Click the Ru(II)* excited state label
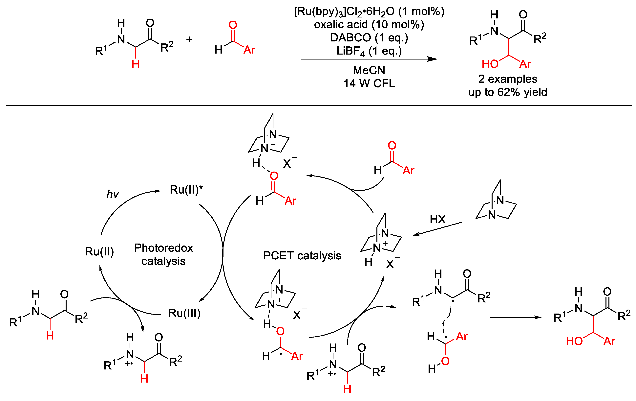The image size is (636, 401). [x=186, y=190]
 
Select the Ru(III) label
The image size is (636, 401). [x=184, y=313]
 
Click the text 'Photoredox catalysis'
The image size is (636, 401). [x=163, y=254]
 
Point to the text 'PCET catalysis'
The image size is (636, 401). [x=302, y=256]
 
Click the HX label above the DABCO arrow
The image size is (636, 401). [x=438, y=219]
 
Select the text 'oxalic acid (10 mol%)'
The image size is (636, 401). [x=369, y=25]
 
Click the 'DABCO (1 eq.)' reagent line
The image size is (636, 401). [x=369, y=38]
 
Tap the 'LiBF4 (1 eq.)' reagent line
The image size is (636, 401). [x=369, y=51]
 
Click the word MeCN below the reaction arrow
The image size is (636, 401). [x=369, y=70]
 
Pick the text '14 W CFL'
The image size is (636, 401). [x=369, y=83]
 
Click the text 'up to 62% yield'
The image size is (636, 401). [x=508, y=92]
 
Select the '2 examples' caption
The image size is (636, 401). [x=508, y=79]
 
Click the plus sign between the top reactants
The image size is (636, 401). [x=189, y=40]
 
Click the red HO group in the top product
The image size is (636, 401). [x=490, y=64]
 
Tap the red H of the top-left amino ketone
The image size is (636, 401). [x=136, y=64]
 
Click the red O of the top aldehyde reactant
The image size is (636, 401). [x=233, y=25]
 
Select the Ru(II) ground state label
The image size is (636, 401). [x=99, y=252]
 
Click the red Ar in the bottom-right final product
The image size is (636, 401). [x=609, y=342]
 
